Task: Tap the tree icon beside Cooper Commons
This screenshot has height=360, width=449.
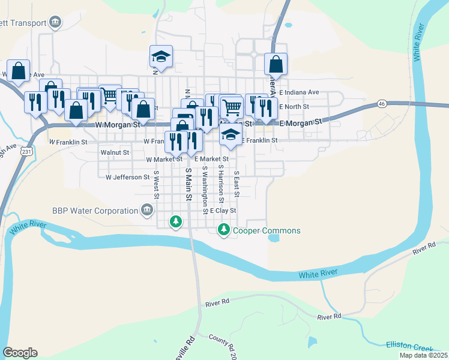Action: point(224,229)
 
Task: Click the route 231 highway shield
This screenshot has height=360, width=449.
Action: point(26,152)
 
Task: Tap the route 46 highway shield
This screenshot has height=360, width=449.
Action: point(382,104)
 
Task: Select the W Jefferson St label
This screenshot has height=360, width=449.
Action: point(127,178)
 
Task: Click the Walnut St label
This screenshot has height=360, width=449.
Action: point(115,153)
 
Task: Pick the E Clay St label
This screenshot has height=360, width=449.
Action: point(223,211)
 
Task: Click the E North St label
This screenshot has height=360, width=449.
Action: point(294,106)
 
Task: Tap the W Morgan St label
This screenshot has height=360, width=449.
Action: point(118,125)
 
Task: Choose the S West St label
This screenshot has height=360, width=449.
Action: point(156,185)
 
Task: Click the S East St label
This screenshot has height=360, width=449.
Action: point(237,184)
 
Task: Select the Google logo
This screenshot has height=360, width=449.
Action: point(20,353)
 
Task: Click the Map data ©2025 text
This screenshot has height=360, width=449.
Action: point(423,355)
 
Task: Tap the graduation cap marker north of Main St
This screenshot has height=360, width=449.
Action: point(161,57)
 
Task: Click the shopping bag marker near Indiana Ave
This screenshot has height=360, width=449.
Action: point(276,64)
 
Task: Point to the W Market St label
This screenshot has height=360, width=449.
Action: point(164,160)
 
